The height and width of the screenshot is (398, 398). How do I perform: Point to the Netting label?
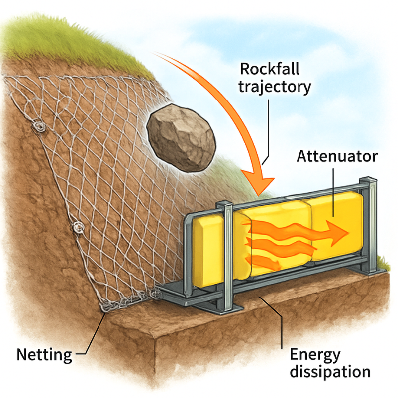pyautogui.click(x=44, y=355)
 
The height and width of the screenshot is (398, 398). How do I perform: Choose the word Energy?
pyautogui.click(x=315, y=355)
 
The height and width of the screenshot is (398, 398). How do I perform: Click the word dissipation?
pyautogui.click(x=330, y=372)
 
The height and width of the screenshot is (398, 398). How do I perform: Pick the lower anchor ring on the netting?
pyautogui.click(x=78, y=227)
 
